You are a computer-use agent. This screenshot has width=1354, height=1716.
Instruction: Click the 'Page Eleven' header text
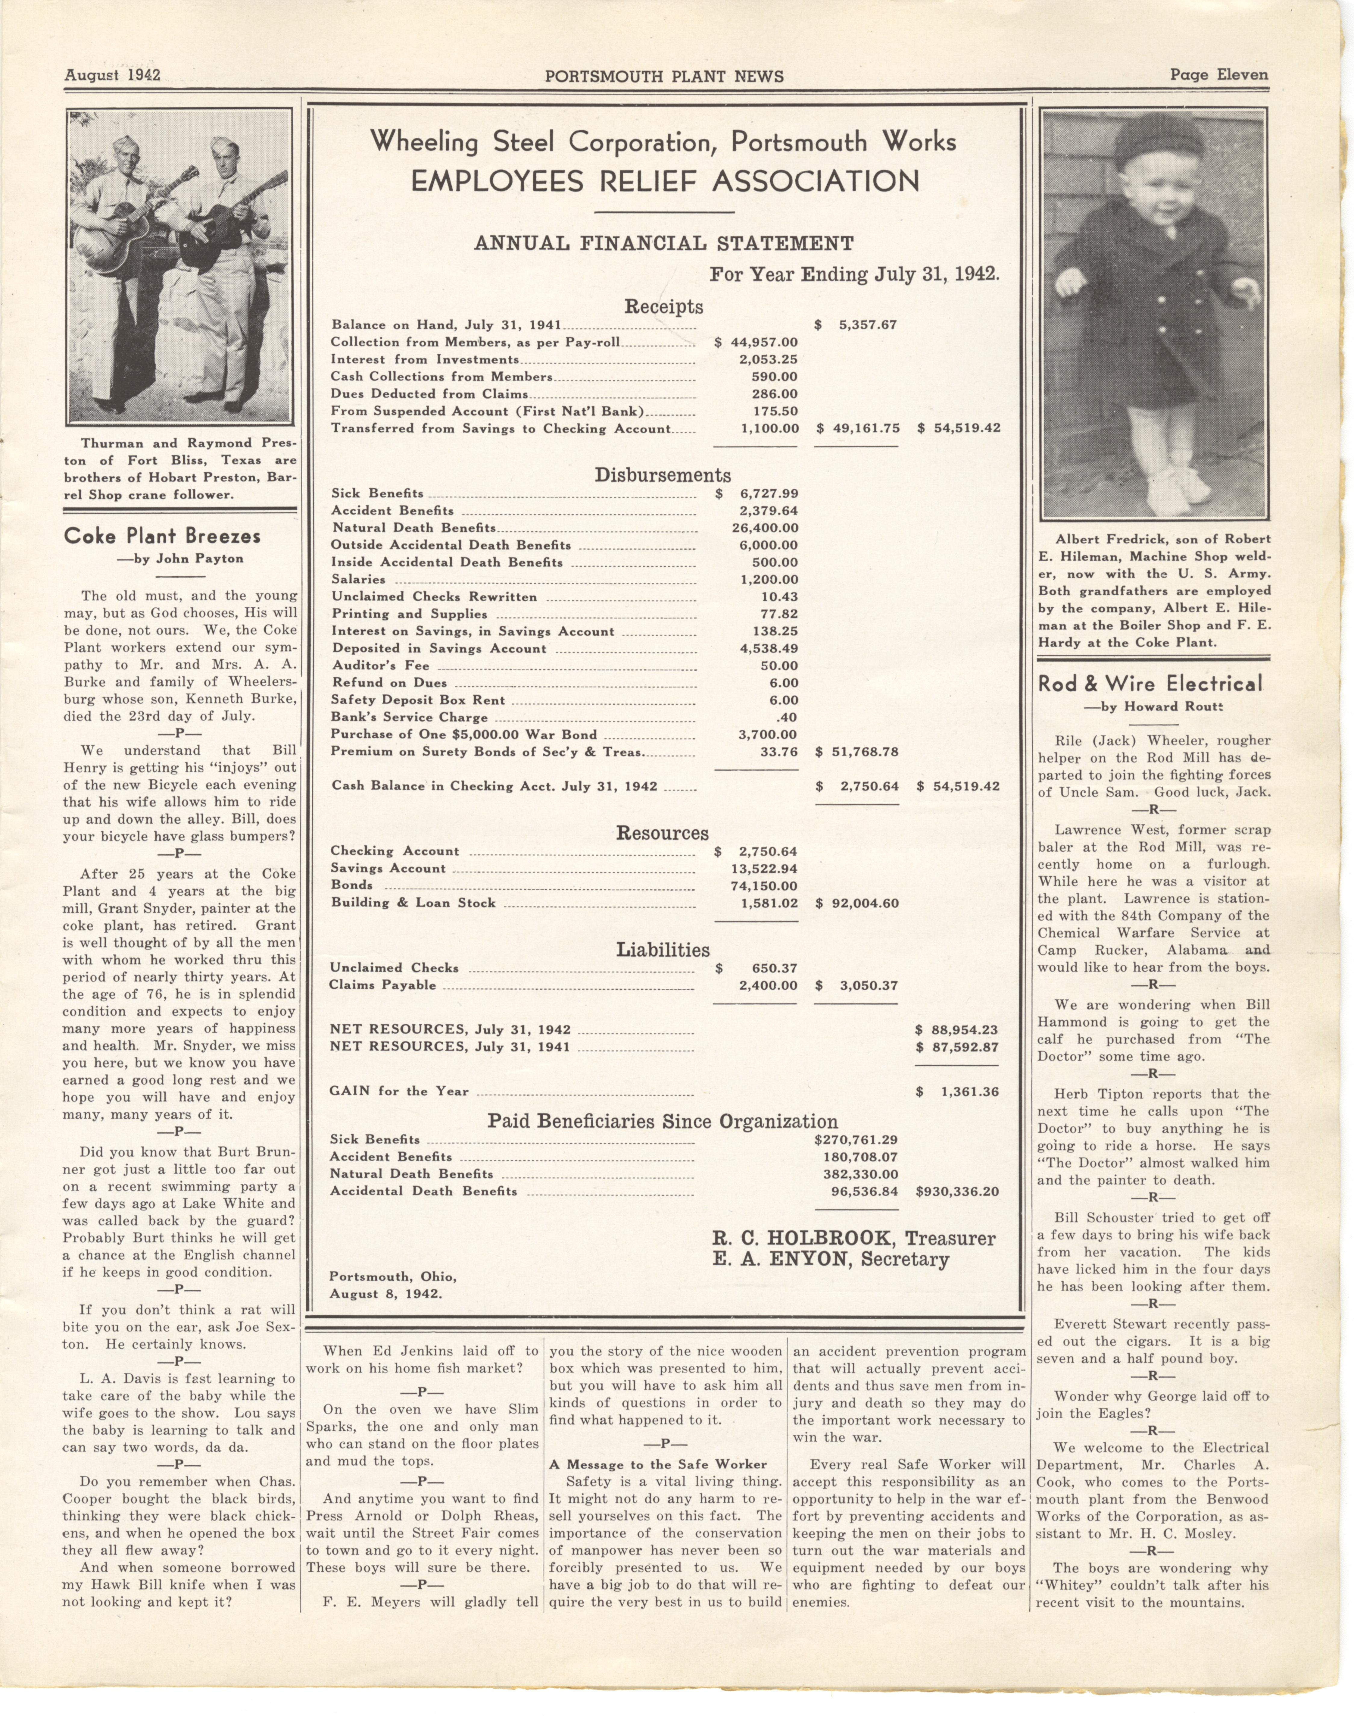(x=1218, y=75)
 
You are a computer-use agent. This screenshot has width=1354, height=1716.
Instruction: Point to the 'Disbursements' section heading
(x=663, y=475)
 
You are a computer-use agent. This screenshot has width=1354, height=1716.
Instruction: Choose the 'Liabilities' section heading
(x=663, y=949)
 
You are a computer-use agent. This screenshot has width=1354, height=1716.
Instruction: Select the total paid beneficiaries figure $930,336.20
(x=957, y=1191)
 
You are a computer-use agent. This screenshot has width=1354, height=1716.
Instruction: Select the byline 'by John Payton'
(x=181, y=558)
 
